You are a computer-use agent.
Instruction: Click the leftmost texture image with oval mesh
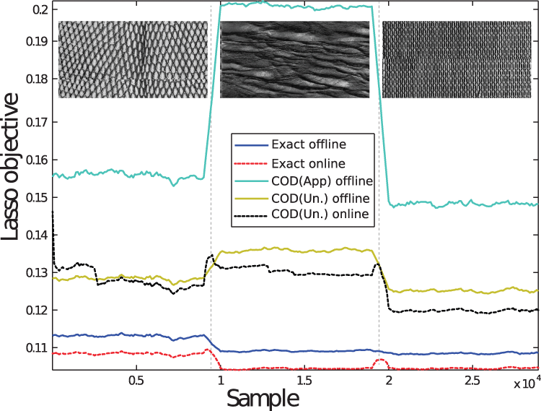[133, 59]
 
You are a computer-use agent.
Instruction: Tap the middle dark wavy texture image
[294, 59]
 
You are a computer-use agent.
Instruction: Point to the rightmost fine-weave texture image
[457, 59]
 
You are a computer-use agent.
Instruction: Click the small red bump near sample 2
[381, 360]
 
